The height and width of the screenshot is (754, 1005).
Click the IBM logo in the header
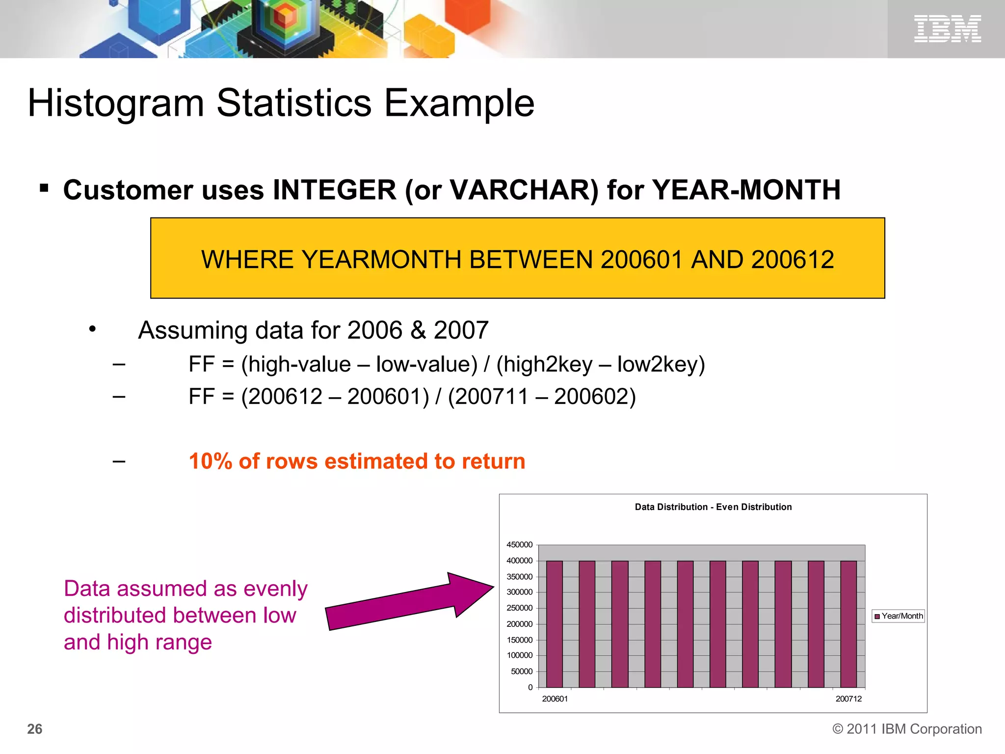947,28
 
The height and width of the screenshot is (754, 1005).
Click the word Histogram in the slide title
116,103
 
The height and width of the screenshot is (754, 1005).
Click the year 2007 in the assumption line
461,330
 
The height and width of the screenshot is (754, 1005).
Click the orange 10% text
211,461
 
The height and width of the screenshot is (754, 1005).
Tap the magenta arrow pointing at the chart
410,601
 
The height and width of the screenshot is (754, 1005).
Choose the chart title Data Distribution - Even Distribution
713,507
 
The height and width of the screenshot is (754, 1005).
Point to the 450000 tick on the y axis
519,545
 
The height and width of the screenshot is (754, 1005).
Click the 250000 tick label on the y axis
519,608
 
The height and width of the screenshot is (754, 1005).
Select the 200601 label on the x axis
555,699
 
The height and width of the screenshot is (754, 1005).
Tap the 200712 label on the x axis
848,699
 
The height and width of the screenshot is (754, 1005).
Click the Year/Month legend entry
899,616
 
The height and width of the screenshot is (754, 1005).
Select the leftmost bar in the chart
554,623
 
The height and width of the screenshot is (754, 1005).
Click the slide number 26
35,729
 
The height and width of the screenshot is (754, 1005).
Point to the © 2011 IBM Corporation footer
907,729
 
